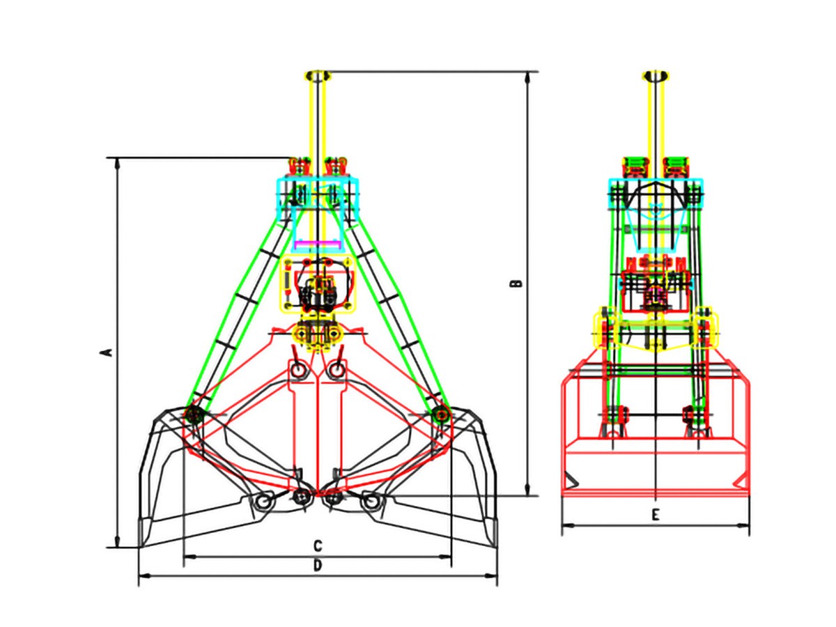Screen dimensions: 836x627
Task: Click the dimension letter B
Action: [x=516, y=284]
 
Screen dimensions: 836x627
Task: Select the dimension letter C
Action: [x=318, y=546]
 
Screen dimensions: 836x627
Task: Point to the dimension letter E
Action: [x=655, y=516]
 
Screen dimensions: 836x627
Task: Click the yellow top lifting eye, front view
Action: [x=318, y=76]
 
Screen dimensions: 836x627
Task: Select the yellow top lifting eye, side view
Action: [x=655, y=76]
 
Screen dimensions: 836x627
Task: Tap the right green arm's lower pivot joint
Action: [x=442, y=412]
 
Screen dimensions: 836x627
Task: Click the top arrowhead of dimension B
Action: [x=527, y=78]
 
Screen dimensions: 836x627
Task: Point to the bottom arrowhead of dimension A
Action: [x=117, y=542]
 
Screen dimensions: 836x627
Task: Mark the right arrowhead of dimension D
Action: [x=490, y=576]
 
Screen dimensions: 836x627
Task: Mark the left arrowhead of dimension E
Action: [x=568, y=526]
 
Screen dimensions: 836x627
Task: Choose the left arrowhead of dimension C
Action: [x=190, y=557]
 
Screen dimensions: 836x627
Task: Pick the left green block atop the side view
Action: [x=635, y=166]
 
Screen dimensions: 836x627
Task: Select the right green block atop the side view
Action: [x=676, y=166]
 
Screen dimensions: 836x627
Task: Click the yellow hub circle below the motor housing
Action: [x=318, y=334]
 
